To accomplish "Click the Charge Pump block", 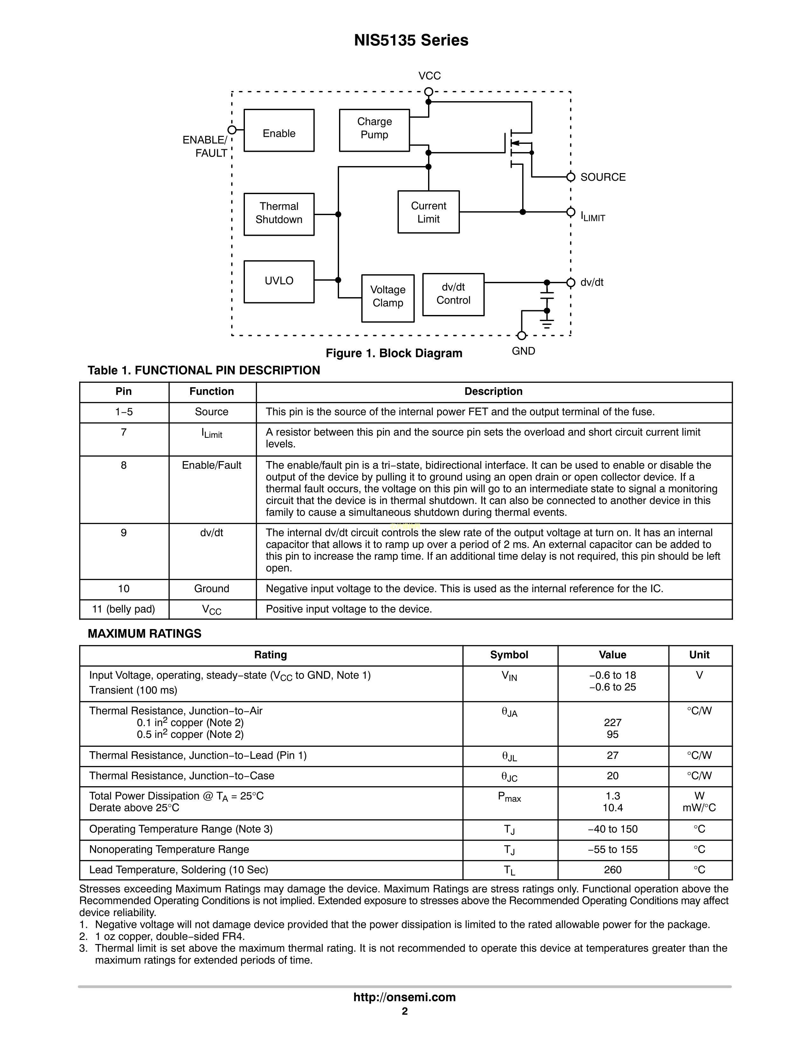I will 374,130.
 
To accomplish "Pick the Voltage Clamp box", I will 388,298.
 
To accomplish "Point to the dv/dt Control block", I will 453,294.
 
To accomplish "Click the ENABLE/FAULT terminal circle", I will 232,130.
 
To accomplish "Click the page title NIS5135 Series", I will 411,40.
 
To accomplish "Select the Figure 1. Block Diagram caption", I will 394,353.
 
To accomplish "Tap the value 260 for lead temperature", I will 613,870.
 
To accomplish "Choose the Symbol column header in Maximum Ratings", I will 509,655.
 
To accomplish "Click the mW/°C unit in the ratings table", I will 699,808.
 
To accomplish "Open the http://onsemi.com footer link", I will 405,997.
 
